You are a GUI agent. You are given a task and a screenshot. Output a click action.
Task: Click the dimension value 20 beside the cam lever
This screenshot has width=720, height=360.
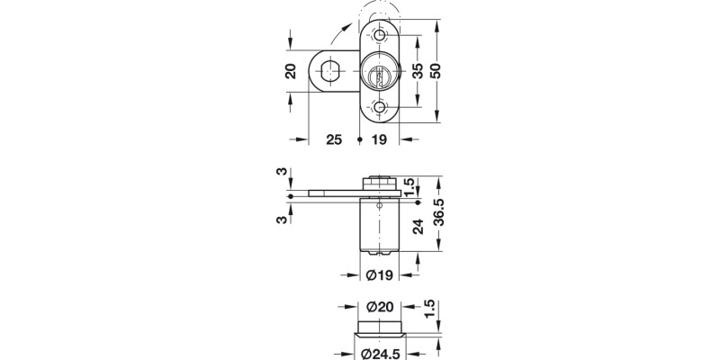(290, 72)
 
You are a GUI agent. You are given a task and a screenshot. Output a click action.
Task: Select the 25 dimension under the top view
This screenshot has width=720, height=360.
(333, 140)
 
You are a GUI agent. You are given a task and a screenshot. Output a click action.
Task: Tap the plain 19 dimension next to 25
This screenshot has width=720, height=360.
(380, 140)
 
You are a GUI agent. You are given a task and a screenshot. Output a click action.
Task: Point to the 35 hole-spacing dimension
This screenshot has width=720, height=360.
(418, 71)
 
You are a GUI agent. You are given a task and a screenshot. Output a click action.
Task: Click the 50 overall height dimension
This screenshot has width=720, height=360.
(437, 71)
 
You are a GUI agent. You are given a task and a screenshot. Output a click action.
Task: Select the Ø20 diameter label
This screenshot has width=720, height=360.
(379, 307)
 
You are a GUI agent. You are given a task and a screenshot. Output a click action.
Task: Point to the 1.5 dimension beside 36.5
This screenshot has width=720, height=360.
(409, 186)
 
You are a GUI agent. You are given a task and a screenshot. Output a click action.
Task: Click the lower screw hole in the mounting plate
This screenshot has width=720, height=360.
(379, 109)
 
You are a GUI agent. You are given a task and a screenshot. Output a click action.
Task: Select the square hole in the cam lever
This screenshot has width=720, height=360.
(332, 71)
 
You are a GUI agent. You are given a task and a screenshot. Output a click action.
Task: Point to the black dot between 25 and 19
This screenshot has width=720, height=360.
(359, 140)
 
